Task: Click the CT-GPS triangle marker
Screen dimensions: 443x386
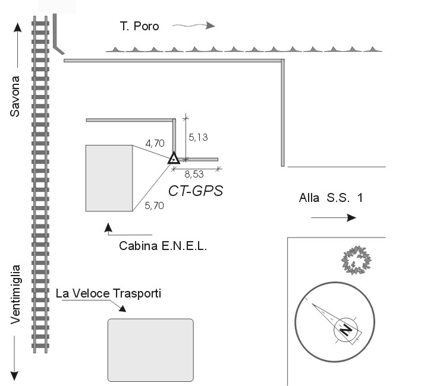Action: (174, 159)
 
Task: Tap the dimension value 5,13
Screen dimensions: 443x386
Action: (198, 137)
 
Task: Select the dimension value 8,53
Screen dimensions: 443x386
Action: (194, 174)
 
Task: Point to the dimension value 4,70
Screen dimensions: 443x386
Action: (155, 143)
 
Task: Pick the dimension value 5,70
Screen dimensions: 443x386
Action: (154, 205)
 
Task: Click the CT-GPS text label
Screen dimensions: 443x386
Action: (196, 191)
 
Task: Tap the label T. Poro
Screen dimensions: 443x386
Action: (139, 26)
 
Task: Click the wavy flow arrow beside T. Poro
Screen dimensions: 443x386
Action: (194, 26)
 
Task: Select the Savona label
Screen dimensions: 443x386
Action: (15, 96)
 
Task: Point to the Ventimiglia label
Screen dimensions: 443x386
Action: (15, 295)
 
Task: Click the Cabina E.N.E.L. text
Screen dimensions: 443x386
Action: (163, 246)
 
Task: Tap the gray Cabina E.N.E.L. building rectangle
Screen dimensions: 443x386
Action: (109, 178)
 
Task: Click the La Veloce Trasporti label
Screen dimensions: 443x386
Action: (108, 293)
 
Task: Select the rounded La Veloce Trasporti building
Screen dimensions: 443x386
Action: (150, 350)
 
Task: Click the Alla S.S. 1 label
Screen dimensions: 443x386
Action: (331, 198)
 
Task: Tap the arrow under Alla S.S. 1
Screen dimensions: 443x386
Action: (334, 217)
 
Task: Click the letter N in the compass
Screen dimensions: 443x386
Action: (346, 330)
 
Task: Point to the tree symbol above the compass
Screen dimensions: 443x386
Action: (356, 260)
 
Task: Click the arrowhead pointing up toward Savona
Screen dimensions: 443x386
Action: (17, 27)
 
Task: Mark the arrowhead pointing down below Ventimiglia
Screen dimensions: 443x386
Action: (14, 376)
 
